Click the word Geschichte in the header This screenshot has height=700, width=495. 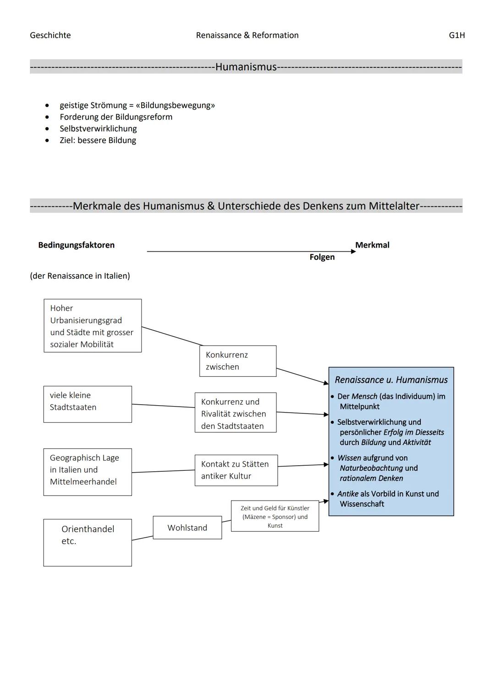click(50, 35)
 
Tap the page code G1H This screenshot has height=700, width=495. click(456, 35)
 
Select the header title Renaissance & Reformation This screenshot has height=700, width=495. click(247, 35)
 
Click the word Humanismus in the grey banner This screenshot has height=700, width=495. click(246, 67)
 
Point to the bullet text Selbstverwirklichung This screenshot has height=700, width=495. click(98, 129)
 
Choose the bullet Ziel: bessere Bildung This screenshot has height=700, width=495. click(98, 140)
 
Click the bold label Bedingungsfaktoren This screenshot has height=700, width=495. click(76, 245)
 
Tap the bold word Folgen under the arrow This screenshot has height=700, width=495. click(322, 257)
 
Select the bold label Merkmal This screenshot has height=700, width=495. click(372, 245)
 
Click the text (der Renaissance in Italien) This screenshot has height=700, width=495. click(80, 276)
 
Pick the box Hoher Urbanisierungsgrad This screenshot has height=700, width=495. click(93, 326)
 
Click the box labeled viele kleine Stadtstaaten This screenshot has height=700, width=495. click(88, 404)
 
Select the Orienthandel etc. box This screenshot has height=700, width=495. click(88, 542)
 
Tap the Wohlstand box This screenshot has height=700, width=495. click(187, 528)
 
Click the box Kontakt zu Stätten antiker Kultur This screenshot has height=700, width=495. click(236, 470)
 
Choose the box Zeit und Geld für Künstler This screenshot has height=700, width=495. click(275, 516)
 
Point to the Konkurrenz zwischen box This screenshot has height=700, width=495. click(237, 361)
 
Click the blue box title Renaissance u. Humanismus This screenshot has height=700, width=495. click(391, 380)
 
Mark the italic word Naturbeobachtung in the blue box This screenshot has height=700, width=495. click(371, 468)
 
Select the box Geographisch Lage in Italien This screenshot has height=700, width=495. click(88, 472)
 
